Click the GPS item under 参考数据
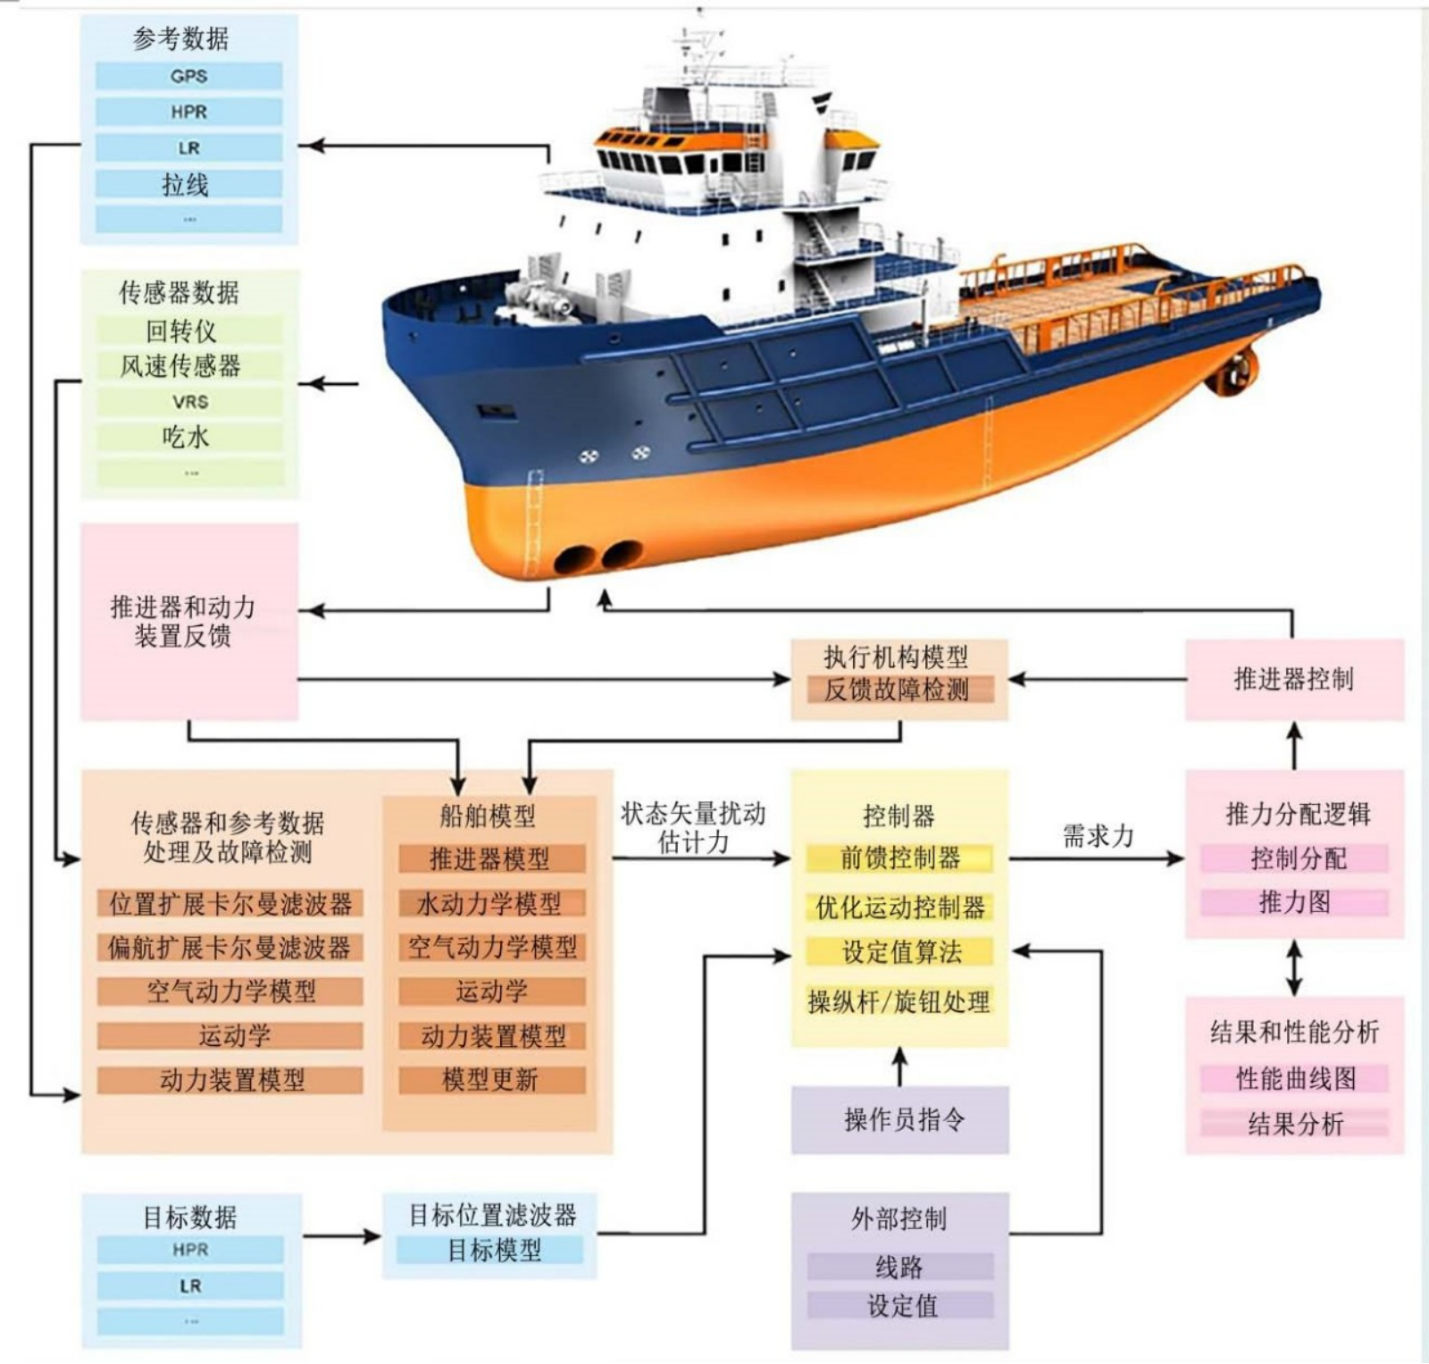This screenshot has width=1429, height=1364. (x=189, y=76)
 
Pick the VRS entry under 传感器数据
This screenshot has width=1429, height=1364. (x=189, y=401)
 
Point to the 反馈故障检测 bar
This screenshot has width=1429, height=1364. (x=897, y=689)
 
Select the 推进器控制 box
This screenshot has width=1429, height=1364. (x=1294, y=679)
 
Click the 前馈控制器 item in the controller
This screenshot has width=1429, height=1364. (x=899, y=858)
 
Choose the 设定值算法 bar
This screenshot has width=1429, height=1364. (x=899, y=951)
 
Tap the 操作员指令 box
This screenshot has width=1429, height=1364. (x=900, y=1119)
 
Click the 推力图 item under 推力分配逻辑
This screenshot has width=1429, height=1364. (x=1294, y=902)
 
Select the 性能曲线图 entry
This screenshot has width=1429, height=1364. (x=1294, y=1078)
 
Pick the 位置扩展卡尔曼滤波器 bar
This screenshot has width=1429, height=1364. (x=230, y=903)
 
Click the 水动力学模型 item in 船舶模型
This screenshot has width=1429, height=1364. (x=491, y=903)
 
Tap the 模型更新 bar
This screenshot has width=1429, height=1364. (x=491, y=1080)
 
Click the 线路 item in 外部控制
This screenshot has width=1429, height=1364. (x=900, y=1267)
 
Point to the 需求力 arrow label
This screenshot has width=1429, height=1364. (x=1098, y=836)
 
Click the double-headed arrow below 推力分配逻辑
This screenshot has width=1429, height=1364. (x=1294, y=967)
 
